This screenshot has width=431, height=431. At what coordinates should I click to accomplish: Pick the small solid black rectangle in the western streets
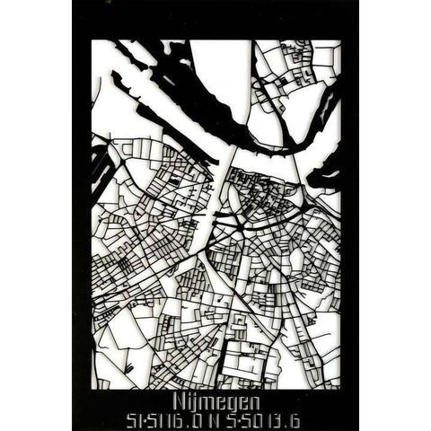pyautogui.click(x=173, y=180)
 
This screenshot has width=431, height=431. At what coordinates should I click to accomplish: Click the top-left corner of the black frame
pyautogui.click(x=75, y=3)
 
